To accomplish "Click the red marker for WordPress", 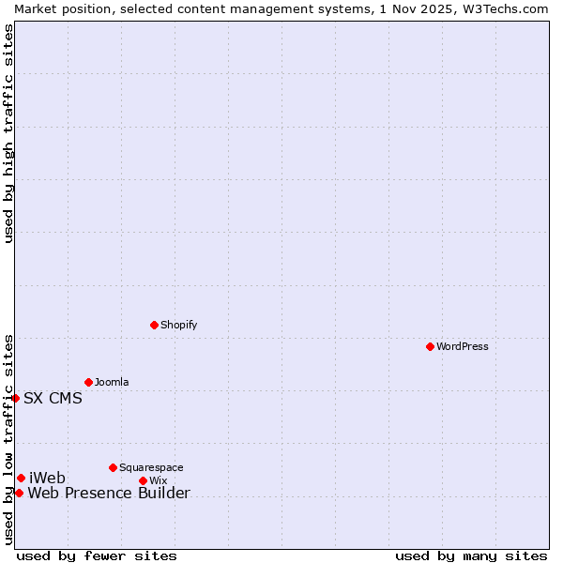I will click(430, 346).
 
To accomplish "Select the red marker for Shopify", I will click(154, 325).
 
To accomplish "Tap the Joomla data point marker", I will click(88, 382).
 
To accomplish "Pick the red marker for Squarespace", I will click(113, 467).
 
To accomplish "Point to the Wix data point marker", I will click(143, 480).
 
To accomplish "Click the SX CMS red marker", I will click(15, 398).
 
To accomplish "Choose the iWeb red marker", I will click(21, 478).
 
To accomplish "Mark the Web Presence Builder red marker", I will click(19, 493).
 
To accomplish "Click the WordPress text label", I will click(462, 346).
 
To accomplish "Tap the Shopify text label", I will click(178, 325).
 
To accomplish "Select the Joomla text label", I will click(112, 382).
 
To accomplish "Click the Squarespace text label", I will click(151, 467).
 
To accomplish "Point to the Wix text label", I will click(158, 480).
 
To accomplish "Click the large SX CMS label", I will click(53, 398).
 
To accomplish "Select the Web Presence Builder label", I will click(109, 494).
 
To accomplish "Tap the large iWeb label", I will click(47, 479).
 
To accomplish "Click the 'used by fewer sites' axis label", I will click(97, 555).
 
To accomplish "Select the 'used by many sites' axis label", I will click(471, 555).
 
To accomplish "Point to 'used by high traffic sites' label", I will click(8, 133).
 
